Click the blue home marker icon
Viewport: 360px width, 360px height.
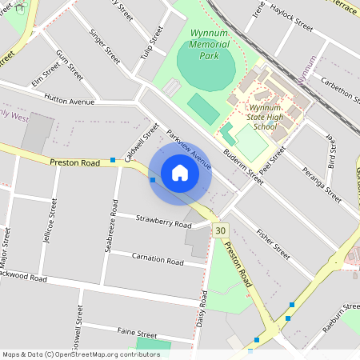pos(179,173)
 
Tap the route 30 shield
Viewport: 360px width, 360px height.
pos(221,230)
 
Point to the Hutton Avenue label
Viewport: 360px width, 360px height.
pos(70,102)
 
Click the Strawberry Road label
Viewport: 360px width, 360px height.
pos(163,220)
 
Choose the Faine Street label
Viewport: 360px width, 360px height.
pos(137,332)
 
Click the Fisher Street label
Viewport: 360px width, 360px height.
pos(272,244)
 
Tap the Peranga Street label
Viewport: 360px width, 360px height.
pos(317,182)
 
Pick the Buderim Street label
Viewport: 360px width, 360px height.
pos(243,167)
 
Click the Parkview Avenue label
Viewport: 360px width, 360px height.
pos(190,151)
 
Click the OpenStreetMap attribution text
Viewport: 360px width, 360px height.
pos(81,354)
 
